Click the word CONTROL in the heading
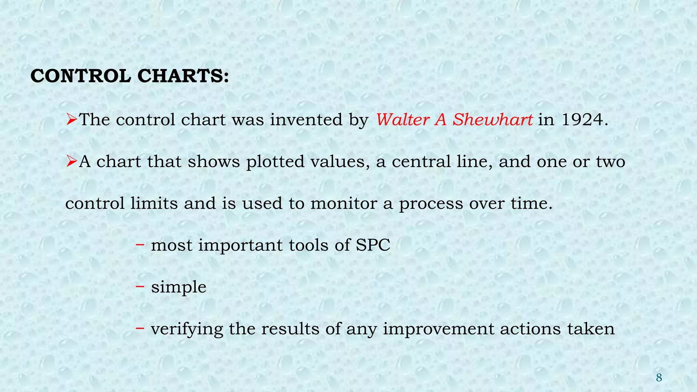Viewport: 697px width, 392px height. coord(81,76)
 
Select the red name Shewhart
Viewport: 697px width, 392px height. coord(492,120)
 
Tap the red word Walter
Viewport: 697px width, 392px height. coord(402,120)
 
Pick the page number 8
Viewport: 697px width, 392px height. coord(659,378)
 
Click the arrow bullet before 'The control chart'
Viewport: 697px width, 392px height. coord(71,119)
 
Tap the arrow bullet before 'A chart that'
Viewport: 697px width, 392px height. coord(71,161)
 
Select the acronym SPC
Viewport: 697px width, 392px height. coord(373,245)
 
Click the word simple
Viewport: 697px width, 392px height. coord(179,287)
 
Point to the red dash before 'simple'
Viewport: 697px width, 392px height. coord(140,286)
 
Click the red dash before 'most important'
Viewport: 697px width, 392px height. coord(140,244)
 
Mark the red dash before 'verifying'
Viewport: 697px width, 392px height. coord(140,328)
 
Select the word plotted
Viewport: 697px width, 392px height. coord(275,162)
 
